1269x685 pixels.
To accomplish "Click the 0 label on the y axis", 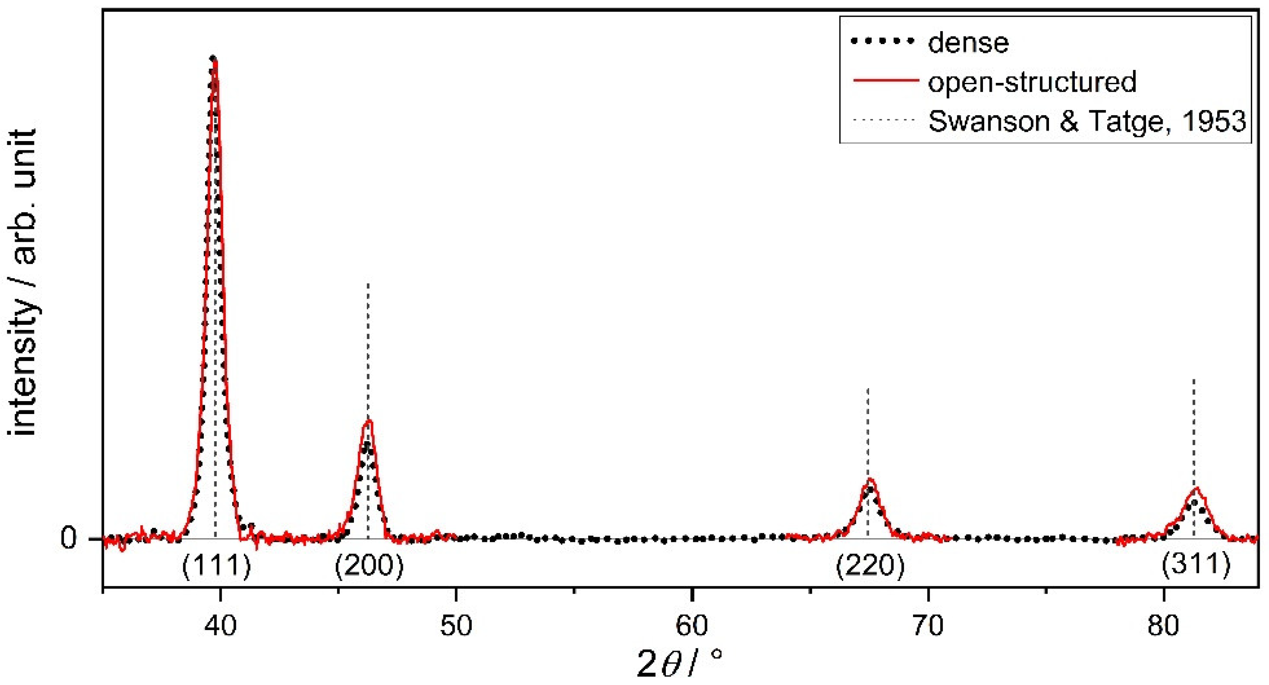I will pyautogui.click(x=69, y=539).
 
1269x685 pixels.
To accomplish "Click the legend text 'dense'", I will pyautogui.click(x=968, y=43).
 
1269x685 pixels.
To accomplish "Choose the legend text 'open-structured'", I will pyautogui.click(x=1032, y=82).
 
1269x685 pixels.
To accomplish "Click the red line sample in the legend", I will pyautogui.click(x=885, y=81).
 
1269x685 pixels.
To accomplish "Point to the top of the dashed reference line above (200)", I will pyautogui.click(x=369, y=283).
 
